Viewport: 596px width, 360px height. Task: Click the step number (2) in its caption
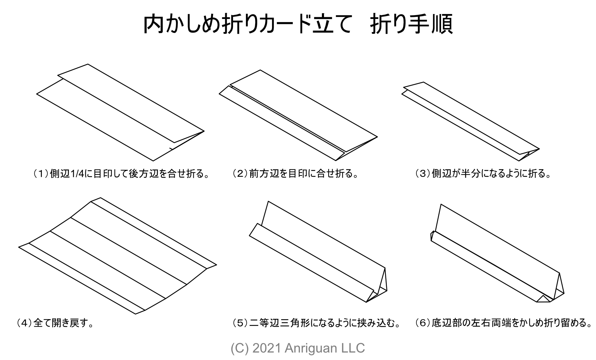240,174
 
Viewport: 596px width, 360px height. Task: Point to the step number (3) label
422,174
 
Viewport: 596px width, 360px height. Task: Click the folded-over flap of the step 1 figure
130,102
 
